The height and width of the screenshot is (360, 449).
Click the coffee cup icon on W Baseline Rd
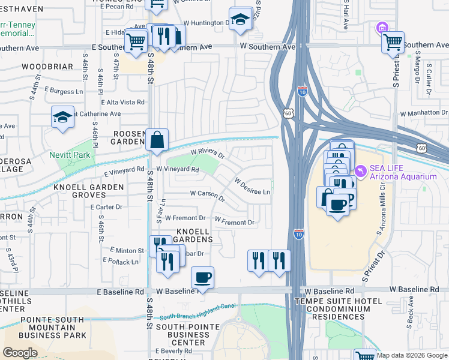coord(202,277)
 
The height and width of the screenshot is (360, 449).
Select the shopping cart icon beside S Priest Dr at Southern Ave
coord(393,42)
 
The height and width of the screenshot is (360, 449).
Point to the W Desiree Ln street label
coord(252,187)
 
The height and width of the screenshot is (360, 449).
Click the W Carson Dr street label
coord(207,194)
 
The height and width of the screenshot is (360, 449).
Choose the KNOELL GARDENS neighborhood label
coord(194,235)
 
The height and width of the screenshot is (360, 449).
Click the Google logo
coord(20,353)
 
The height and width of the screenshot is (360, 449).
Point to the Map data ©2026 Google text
coord(412,355)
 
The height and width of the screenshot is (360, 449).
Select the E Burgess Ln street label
coord(62,92)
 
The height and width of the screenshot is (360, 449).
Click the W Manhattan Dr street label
coord(423,113)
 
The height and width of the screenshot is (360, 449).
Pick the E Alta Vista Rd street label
coord(122,103)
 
